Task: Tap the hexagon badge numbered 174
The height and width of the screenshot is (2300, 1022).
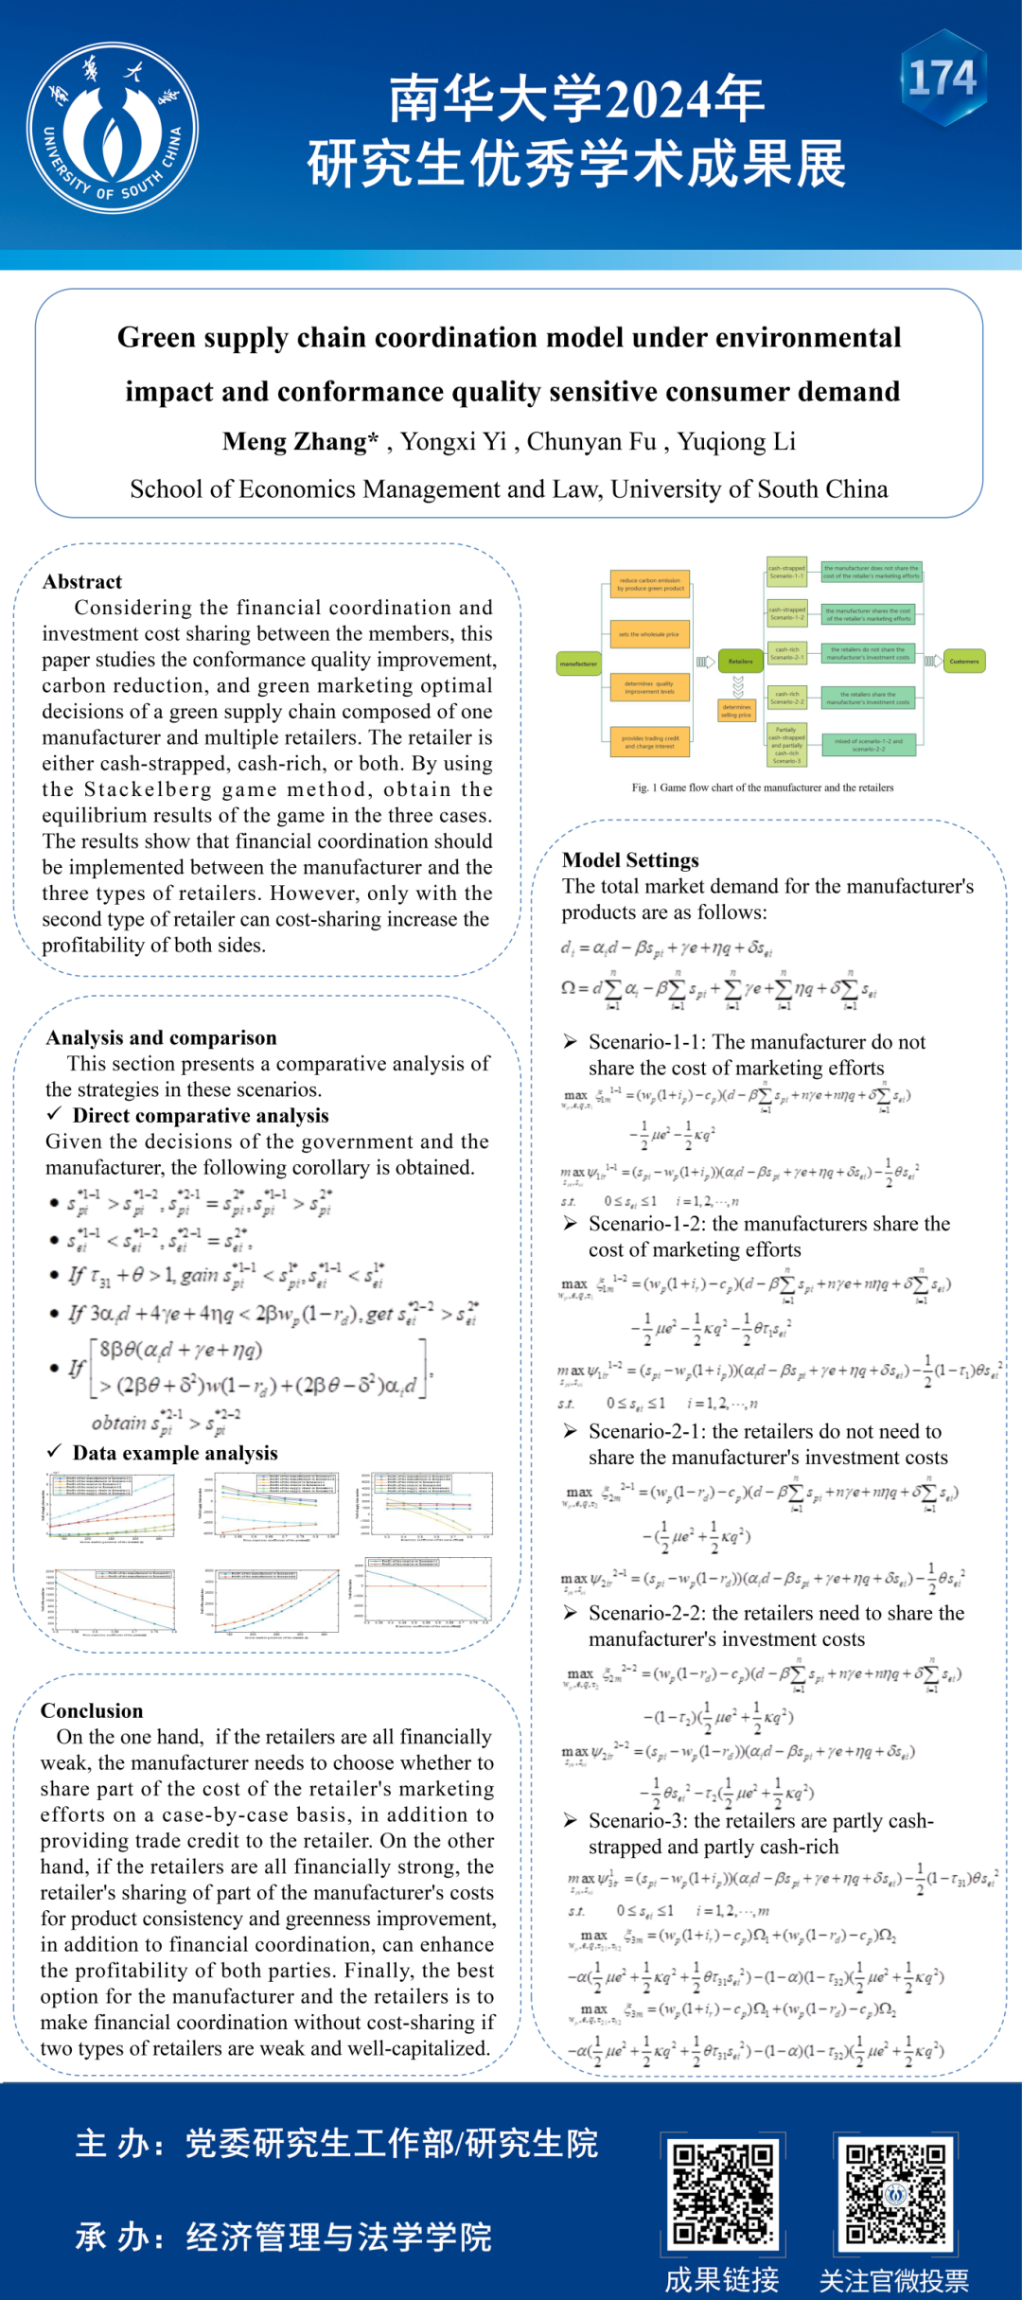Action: coord(943,78)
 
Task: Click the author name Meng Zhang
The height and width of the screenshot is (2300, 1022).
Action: coord(300,441)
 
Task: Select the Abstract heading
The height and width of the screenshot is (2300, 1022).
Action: coord(82,581)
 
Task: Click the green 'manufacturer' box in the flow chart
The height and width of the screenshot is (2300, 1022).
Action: coord(578,663)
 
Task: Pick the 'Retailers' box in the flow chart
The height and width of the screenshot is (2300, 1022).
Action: coord(740,661)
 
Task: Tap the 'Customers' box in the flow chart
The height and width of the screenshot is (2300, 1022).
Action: coord(963,661)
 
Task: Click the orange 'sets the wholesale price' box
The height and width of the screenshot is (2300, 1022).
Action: coord(649,634)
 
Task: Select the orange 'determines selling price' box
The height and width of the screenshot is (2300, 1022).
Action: coord(736,710)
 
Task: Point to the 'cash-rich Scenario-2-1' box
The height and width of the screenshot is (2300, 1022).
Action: coord(787,653)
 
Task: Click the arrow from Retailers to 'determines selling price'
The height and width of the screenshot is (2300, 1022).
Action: coord(738,686)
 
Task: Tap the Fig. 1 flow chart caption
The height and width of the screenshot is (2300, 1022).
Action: coord(763,787)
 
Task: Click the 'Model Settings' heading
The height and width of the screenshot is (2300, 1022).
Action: coord(630,859)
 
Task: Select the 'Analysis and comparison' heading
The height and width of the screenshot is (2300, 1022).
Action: coord(162,1037)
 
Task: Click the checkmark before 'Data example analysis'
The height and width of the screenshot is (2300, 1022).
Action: coord(55,1452)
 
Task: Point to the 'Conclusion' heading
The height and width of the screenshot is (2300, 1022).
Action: coord(92,1710)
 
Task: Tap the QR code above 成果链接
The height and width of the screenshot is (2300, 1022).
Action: coord(723,2194)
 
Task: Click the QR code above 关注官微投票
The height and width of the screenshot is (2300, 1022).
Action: coord(894,2194)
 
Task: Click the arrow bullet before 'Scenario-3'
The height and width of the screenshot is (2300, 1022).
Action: coord(571,1820)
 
